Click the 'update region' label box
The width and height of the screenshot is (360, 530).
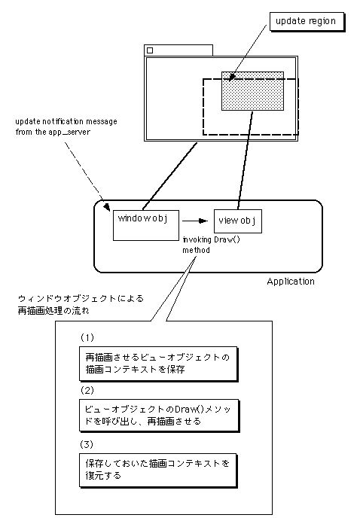click(307, 22)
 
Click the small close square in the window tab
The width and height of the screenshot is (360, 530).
click(150, 50)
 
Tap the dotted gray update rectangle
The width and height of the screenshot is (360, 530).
click(252, 91)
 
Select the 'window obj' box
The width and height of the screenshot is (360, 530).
click(146, 225)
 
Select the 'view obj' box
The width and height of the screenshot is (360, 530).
click(238, 221)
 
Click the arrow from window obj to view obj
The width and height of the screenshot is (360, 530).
click(195, 221)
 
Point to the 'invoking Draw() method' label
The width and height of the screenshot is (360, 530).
click(212, 245)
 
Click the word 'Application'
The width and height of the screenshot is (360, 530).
click(291, 282)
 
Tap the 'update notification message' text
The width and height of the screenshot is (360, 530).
click(66, 121)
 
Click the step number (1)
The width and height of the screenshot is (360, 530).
click(87, 338)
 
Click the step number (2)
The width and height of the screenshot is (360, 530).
click(87, 391)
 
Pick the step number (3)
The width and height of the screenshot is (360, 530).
click(87, 444)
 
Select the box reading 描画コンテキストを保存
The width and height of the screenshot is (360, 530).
click(158, 364)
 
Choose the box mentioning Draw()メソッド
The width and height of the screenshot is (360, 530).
click(159, 416)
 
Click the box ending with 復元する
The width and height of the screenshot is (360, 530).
click(158, 471)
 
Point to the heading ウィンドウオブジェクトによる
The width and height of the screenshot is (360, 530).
click(81, 299)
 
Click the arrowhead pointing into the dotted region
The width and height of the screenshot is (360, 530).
click(231, 78)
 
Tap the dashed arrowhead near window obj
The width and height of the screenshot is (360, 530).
click(107, 207)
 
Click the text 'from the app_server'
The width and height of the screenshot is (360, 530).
click(53, 132)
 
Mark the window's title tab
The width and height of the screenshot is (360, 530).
click(178, 50)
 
